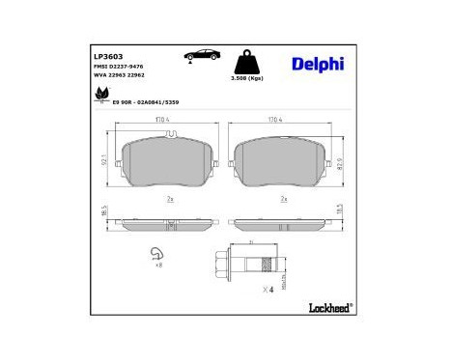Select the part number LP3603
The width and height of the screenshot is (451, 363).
click(x=108, y=57)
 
